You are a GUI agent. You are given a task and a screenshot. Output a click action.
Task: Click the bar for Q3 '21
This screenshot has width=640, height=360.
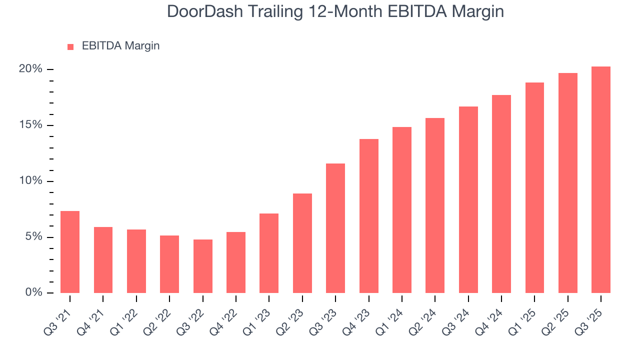pyautogui.click(x=70, y=252)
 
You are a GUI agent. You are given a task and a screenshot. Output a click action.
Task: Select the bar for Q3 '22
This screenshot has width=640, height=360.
pyautogui.click(x=203, y=266)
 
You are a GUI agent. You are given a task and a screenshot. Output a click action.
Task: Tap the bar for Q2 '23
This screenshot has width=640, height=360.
pyautogui.click(x=302, y=243)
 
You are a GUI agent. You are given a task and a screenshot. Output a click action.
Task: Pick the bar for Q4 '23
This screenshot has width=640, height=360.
pyautogui.click(x=369, y=216)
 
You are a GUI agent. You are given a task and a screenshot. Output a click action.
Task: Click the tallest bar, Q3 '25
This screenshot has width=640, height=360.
pyautogui.click(x=601, y=179)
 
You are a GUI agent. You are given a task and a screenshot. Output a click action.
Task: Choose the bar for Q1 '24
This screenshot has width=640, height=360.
pyautogui.click(x=402, y=210)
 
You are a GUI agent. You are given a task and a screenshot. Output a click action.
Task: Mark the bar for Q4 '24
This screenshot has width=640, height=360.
pyautogui.click(x=501, y=194)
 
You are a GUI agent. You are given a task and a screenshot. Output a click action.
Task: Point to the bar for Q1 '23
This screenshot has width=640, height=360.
pyautogui.click(x=269, y=253)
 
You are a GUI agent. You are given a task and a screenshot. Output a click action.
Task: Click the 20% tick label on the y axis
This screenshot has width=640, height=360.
pyautogui.click(x=30, y=69)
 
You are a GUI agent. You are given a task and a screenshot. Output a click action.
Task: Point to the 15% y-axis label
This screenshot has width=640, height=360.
pyautogui.click(x=30, y=125)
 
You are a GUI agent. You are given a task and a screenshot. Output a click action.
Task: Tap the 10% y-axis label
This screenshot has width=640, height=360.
pyautogui.click(x=30, y=181)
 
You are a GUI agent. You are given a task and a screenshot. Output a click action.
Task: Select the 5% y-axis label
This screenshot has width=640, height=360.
pyautogui.click(x=33, y=237)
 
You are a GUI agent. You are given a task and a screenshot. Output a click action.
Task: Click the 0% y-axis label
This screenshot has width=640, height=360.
pyautogui.click(x=33, y=292)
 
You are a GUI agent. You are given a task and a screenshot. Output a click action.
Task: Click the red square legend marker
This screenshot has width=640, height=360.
pyautogui.click(x=70, y=46)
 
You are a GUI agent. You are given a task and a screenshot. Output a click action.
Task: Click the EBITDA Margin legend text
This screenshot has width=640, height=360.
pyautogui.click(x=120, y=46)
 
